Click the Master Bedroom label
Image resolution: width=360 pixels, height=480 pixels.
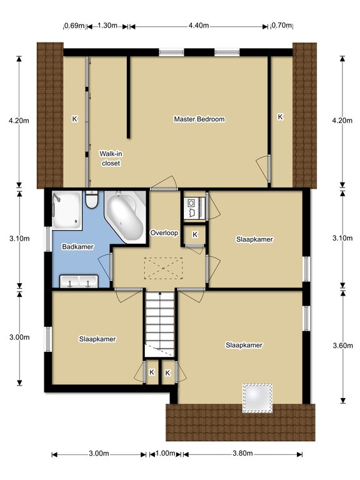pyautogui.click(x=199, y=119)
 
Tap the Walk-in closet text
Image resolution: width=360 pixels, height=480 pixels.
pyautogui.click(x=111, y=159)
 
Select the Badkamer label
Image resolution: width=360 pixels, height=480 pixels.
pyautogui.click(x=77, y=247)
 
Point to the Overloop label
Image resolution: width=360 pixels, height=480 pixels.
pyautogui.click(x=164, y=233)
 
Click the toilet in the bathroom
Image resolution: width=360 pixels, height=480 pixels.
pyautogui.click(x=91, y=199)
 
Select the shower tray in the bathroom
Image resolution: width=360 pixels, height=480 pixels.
pyautogui.click(x=67, y=210)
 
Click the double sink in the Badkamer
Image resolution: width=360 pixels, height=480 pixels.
pyautogui.click(x=79, y=282)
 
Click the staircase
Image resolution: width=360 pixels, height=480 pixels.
pyautogui.click(x=159, y=324)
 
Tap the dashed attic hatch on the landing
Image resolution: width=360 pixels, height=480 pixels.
pyautogui.click(x=164, y=269)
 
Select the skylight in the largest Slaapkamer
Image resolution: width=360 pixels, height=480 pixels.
pyautogui.click(x=257, y=398)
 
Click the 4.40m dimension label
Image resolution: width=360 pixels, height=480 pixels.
pyautogui.click(x=199, y=26)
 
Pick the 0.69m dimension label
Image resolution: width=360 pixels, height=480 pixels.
pyautogui.click(x=74, y=26)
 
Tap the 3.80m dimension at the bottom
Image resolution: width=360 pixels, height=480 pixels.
pyautogui.click(x=242, y=453)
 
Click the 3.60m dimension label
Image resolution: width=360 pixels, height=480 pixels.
pyautogui.click(x=343, y=346)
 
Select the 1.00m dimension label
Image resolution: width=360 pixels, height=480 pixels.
pyautogui.click(x=165, y=453)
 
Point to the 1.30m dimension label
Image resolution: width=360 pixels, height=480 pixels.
pyautogui.click(x=107, y=26)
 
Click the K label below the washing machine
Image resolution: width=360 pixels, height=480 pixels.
pyautogui.click(x=195, y=235)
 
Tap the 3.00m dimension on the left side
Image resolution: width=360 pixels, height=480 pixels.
pyautogui.click(x=19, y=337)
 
